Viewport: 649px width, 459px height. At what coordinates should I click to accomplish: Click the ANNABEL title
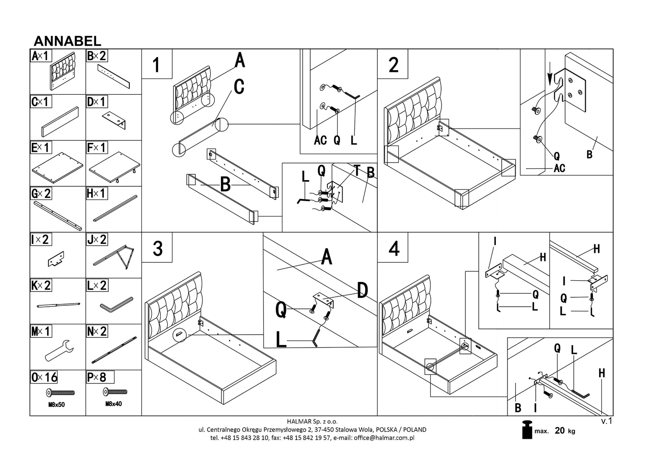tap(67, 41)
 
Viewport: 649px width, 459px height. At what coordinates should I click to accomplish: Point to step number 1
tap(156, 65)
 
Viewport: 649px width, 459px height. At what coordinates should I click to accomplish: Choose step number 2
tap(393, 65)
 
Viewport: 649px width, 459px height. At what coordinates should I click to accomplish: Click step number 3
tap(157, 248)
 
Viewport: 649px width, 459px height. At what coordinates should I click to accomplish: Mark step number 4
tap(393, 248)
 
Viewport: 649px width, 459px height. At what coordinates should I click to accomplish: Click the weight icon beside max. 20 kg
tap(527, 431)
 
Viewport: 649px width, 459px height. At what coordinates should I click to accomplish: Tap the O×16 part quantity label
tap(44, 377)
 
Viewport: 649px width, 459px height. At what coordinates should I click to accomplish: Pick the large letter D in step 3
tap(362, 291)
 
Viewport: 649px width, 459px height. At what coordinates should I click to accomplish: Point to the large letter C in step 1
tap(239, 87)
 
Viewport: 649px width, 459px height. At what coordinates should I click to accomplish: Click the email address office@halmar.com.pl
tap(384, 437)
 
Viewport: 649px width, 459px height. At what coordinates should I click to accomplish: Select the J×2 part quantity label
tap(97, 239)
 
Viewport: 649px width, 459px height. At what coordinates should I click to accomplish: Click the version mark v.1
tap(606, 421)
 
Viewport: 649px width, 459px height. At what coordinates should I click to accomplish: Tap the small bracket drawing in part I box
tap(56, 259)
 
